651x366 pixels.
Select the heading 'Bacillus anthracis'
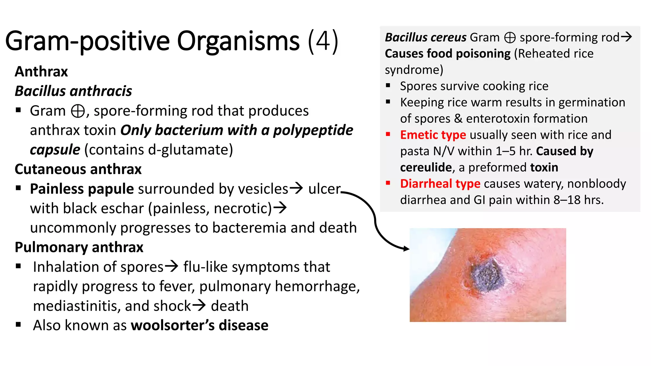point(73,91)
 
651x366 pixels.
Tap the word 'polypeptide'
point(313,130)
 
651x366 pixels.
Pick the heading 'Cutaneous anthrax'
point(78,169)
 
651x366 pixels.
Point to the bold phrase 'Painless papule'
point(82,189)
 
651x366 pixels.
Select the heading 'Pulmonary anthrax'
point(79,247)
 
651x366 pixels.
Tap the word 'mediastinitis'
point(77,306)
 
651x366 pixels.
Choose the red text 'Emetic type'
point(433,135)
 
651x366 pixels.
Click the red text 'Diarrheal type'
point(440,184)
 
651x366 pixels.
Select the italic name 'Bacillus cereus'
point(426,37)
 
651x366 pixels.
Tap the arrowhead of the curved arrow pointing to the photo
point(407,249)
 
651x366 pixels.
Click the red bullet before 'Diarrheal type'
point(388,183)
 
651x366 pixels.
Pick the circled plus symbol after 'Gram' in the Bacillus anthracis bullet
point(78,111)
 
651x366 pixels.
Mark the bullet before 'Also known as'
point(18,325)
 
